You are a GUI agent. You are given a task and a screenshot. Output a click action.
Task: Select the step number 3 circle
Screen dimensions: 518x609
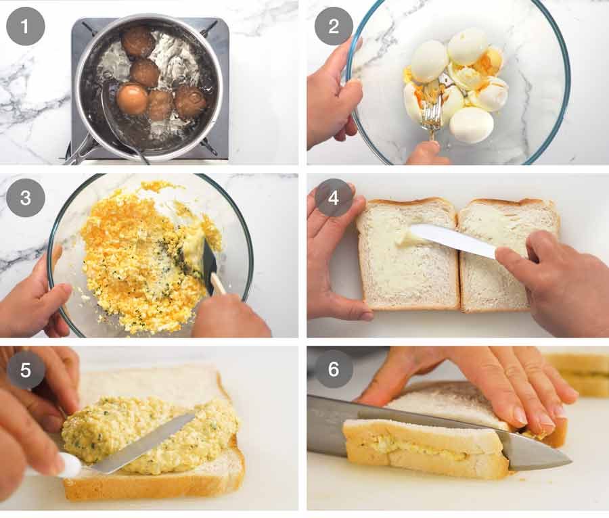tap(25, 198)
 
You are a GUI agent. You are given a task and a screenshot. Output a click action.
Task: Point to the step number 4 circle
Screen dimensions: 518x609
tap(333, 198)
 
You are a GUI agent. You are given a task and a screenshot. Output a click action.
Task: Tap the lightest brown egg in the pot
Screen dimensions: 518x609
tap(132, 99)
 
